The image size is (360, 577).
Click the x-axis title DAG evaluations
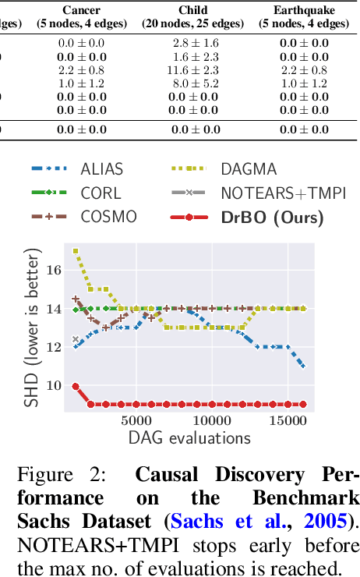pyautogui.click(x=189, y=437)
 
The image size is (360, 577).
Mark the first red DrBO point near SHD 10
pyautogui.click(x=76, y=386)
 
